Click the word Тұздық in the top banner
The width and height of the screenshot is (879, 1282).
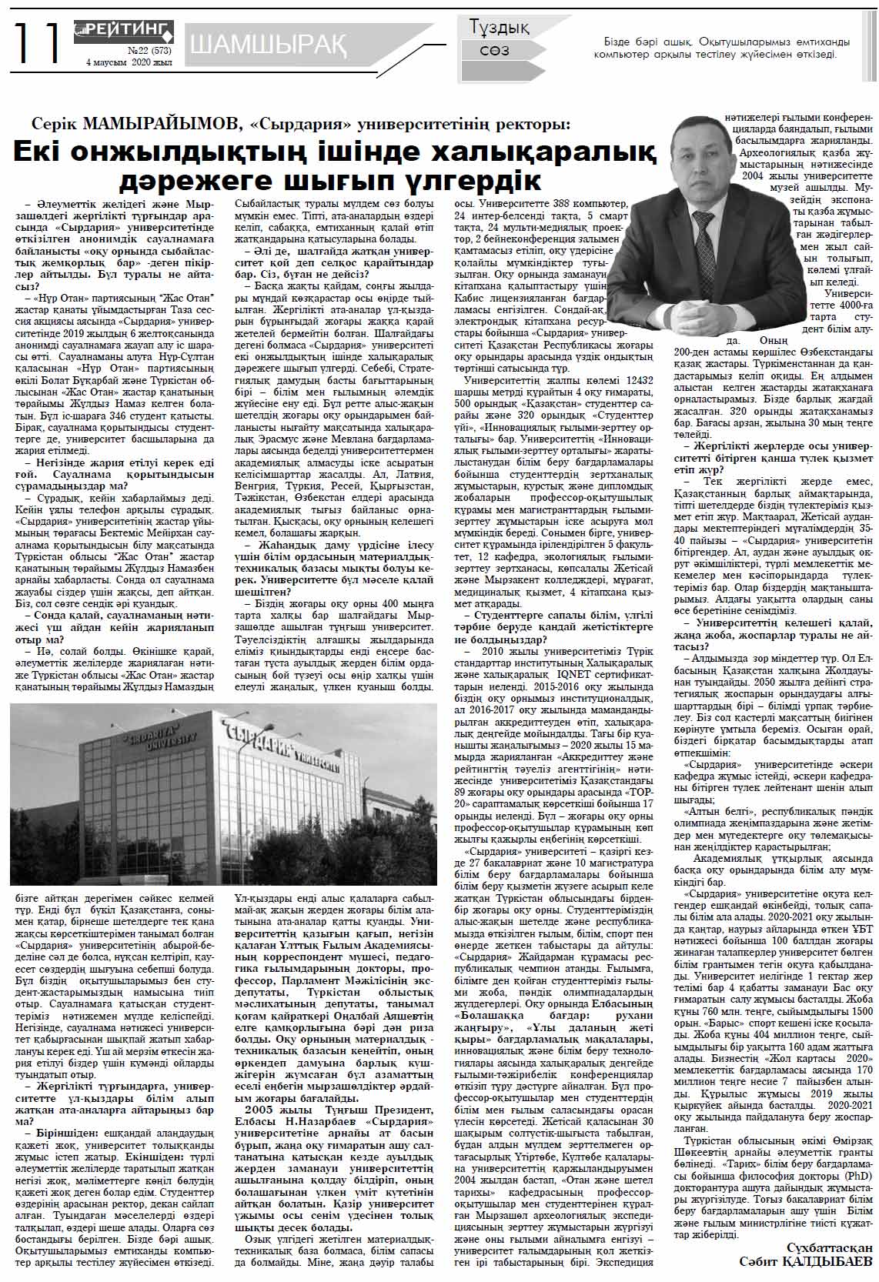(500, 28)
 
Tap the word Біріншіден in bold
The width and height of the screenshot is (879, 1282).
(66, 1133)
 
